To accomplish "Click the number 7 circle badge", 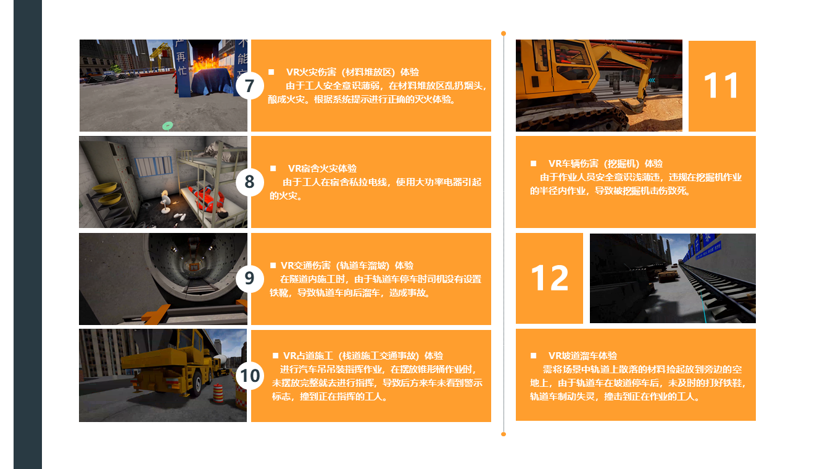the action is pyautogui.click(x=249, y=86).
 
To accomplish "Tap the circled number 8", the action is pyautogui.click(x=249, y=182).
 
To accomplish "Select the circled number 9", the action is pyautogui.click(x=249, y=278).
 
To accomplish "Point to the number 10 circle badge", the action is pyautogui.click(x=249, y=376).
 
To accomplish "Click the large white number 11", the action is pyautogui.click(x=721, y=85).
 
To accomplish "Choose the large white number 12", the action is pyautogui.click(x=550, y=278).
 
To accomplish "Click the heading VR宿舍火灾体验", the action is pyautogui.click(x=322, y=168).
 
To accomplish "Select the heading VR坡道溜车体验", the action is pyautogui.click(x=582, y=356).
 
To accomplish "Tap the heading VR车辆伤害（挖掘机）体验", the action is pyautogui.click(x=605, y=164).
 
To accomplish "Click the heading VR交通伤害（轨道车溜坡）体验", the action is pyautogui.click(x=347, y=266).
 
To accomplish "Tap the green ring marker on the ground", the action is pyautogui.click(x=168, y=126).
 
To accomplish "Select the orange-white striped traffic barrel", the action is pyautogui.click(x=218, y=393).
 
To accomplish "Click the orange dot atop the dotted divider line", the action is pyautogui.click(x=504, y=33).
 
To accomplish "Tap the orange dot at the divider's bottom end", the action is pyautogui.click(x=504, y=434).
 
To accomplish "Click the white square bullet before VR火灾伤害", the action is pyautogui.click(x=271, y=72).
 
